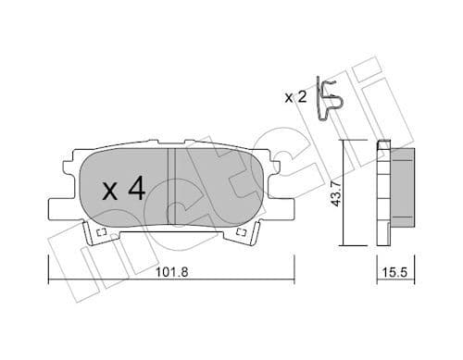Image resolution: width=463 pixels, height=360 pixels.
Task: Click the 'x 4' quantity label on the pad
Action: tap(123, 191)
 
